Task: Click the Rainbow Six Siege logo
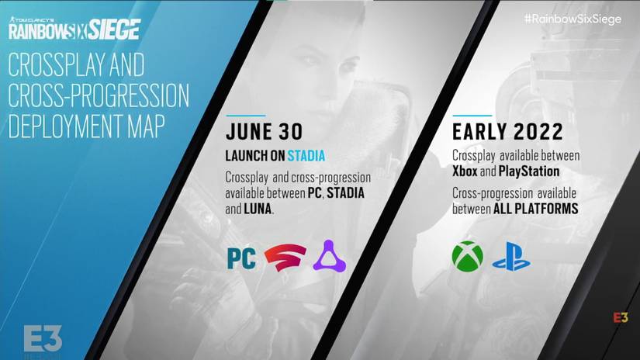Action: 74,30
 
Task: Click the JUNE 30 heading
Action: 264,133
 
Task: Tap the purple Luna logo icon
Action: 329,257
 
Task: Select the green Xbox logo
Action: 467,257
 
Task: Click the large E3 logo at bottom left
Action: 43,337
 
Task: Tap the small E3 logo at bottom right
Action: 621,319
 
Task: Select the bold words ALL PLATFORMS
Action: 536,209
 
